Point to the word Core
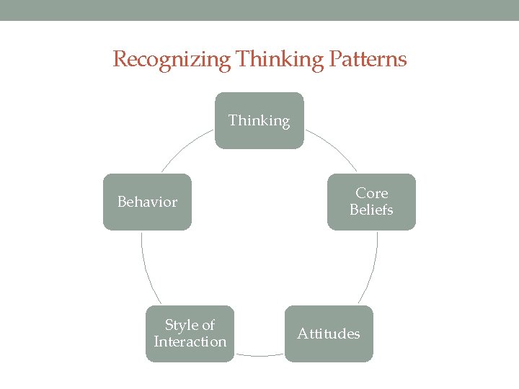(372, 193)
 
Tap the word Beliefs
(371, 210)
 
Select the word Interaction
(190, 341)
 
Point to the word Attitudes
(329, 334)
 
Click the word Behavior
(147, 202)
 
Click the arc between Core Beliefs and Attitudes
(372, 270)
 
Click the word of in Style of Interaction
(208, 325)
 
